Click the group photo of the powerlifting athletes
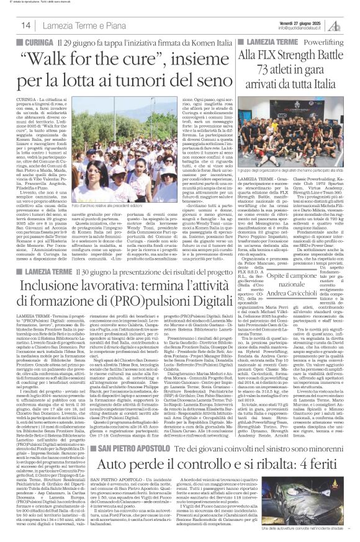(x=297, y=118)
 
